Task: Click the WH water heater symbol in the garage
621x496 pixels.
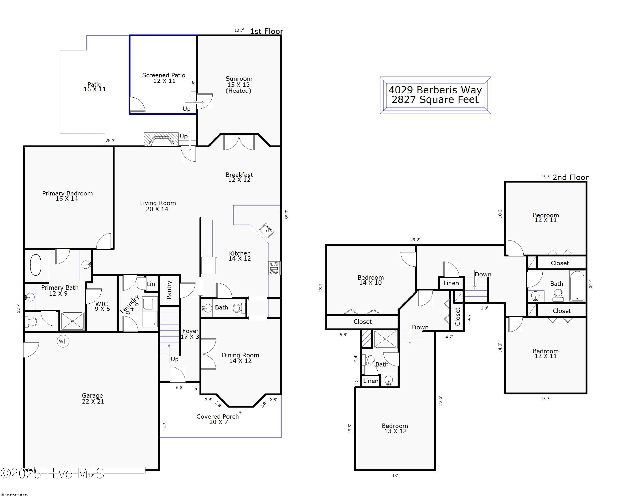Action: click(63, 341)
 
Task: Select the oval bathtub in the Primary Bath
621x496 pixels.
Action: click(36, 265)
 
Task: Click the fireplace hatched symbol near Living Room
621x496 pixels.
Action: click(161, 139)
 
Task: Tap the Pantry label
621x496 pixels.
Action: click(169, 290)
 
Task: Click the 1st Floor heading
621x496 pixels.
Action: click(266, 31)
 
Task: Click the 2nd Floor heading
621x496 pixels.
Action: click(570, 177)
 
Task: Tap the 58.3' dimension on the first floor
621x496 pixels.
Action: click(287, 215)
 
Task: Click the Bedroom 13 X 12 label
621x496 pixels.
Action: click(395, 428)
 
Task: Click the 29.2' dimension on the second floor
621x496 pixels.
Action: click(415, 240)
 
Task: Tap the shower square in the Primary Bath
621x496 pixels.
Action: click(72, 321)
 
